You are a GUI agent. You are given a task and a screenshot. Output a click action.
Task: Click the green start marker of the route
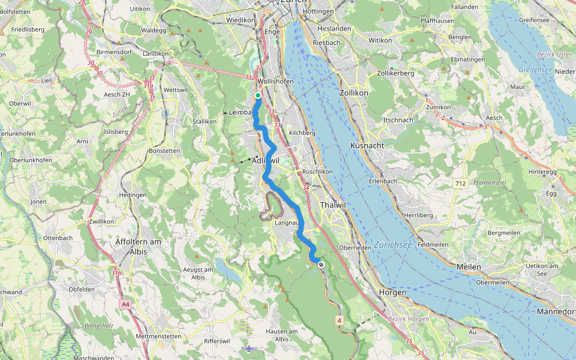[258, 95]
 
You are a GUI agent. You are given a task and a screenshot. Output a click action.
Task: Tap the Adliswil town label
[266, 161]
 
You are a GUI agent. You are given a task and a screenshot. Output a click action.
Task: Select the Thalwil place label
[334, 205]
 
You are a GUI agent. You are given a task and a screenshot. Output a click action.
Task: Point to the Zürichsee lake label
[394, 245]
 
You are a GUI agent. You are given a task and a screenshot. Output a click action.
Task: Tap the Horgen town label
[392, 292]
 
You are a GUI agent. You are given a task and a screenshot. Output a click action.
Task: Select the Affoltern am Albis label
[138, 247]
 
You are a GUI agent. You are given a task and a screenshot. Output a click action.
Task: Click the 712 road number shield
[460, 182]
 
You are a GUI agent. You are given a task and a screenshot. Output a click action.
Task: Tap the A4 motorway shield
[125, 305]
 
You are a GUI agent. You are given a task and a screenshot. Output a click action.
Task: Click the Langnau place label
[286, 223]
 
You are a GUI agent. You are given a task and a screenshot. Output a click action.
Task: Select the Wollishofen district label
[274, 81]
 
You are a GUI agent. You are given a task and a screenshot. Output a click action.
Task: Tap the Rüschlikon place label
[317, 171]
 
